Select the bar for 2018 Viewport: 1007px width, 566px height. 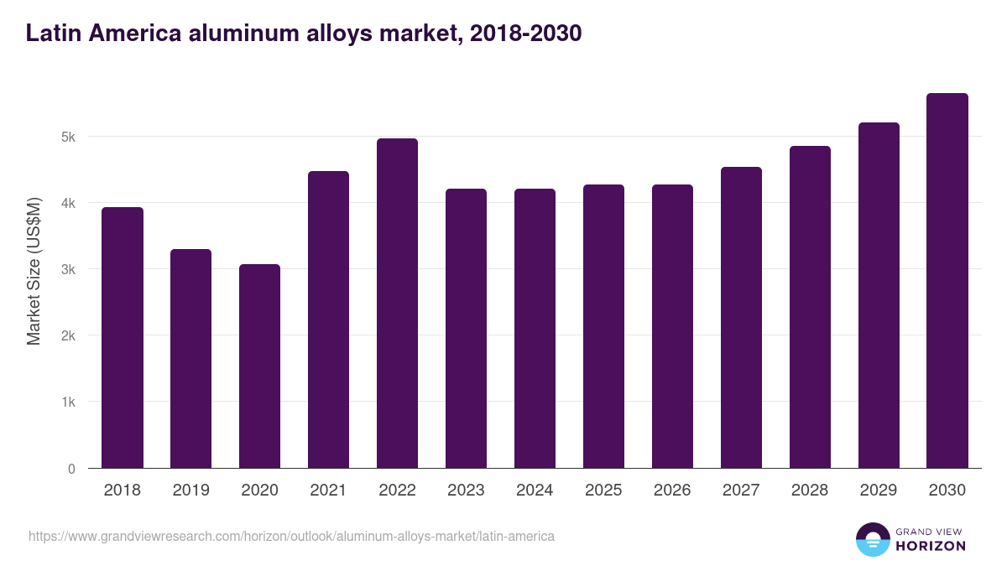tap(123, 338)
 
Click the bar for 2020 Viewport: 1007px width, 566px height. tap(259, 366)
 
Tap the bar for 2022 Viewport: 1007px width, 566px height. tap(397, 304)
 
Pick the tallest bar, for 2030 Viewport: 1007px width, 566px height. tap(947, 281)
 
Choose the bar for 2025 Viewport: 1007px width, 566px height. tap(603, 326)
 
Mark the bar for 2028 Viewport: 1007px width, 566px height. tap(810, 307)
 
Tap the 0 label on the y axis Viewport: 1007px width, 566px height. tap(72, 469)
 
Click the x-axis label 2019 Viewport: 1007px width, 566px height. tap(190, 491)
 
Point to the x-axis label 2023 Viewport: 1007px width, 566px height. tap(466, 491)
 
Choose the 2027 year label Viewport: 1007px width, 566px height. tap(741, 491)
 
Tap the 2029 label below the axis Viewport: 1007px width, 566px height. tap(879, 491)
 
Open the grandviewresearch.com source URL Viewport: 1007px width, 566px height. tap(291, 536)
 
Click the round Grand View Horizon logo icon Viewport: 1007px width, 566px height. tap(872, 539)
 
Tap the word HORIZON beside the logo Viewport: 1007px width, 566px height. tap(931, 546)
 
